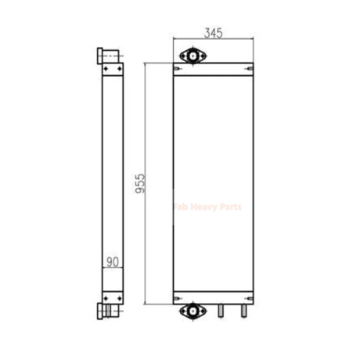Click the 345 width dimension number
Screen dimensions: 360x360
(x=214, y=33)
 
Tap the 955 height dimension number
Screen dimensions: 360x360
(x=140, y=183)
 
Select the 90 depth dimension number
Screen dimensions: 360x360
(x=113, y=262)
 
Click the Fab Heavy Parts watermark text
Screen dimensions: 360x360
(x=207, y=207)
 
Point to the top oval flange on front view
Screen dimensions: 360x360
(x=193, y=56)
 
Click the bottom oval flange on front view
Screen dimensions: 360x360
(x=193, y=311)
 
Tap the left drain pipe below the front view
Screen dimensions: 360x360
(x=221, y=311)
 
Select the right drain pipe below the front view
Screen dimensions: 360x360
(x=244, y=311)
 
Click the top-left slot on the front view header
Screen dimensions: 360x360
(x=177, y=69)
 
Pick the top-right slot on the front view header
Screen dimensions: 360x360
(x=250, y=69)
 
